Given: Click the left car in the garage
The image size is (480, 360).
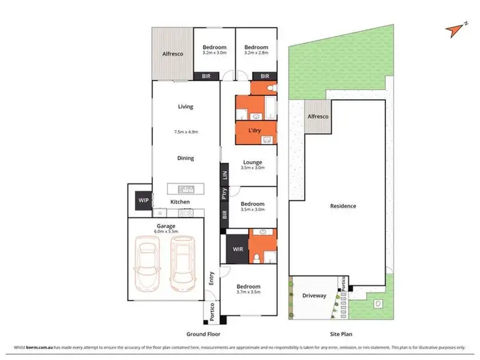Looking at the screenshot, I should point(148,263).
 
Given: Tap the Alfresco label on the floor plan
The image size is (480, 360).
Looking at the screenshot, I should point(172,54).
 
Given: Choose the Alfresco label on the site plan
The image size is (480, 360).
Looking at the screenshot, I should point(317,117).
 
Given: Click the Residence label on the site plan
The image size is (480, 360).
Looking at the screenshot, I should point(343,206).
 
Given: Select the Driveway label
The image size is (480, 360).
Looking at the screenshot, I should point(314,295).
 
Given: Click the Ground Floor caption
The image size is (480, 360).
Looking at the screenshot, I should point(205,334).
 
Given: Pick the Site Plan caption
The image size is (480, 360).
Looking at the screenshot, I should point(341,334).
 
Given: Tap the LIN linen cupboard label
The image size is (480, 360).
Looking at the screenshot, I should point(225,175).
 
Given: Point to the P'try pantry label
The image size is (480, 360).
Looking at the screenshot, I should point(225,194).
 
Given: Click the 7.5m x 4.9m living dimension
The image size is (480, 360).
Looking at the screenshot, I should point(186,132).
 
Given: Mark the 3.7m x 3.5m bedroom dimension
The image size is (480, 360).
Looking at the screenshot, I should point(248,292).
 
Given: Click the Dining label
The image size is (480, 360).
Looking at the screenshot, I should point(186,158).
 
